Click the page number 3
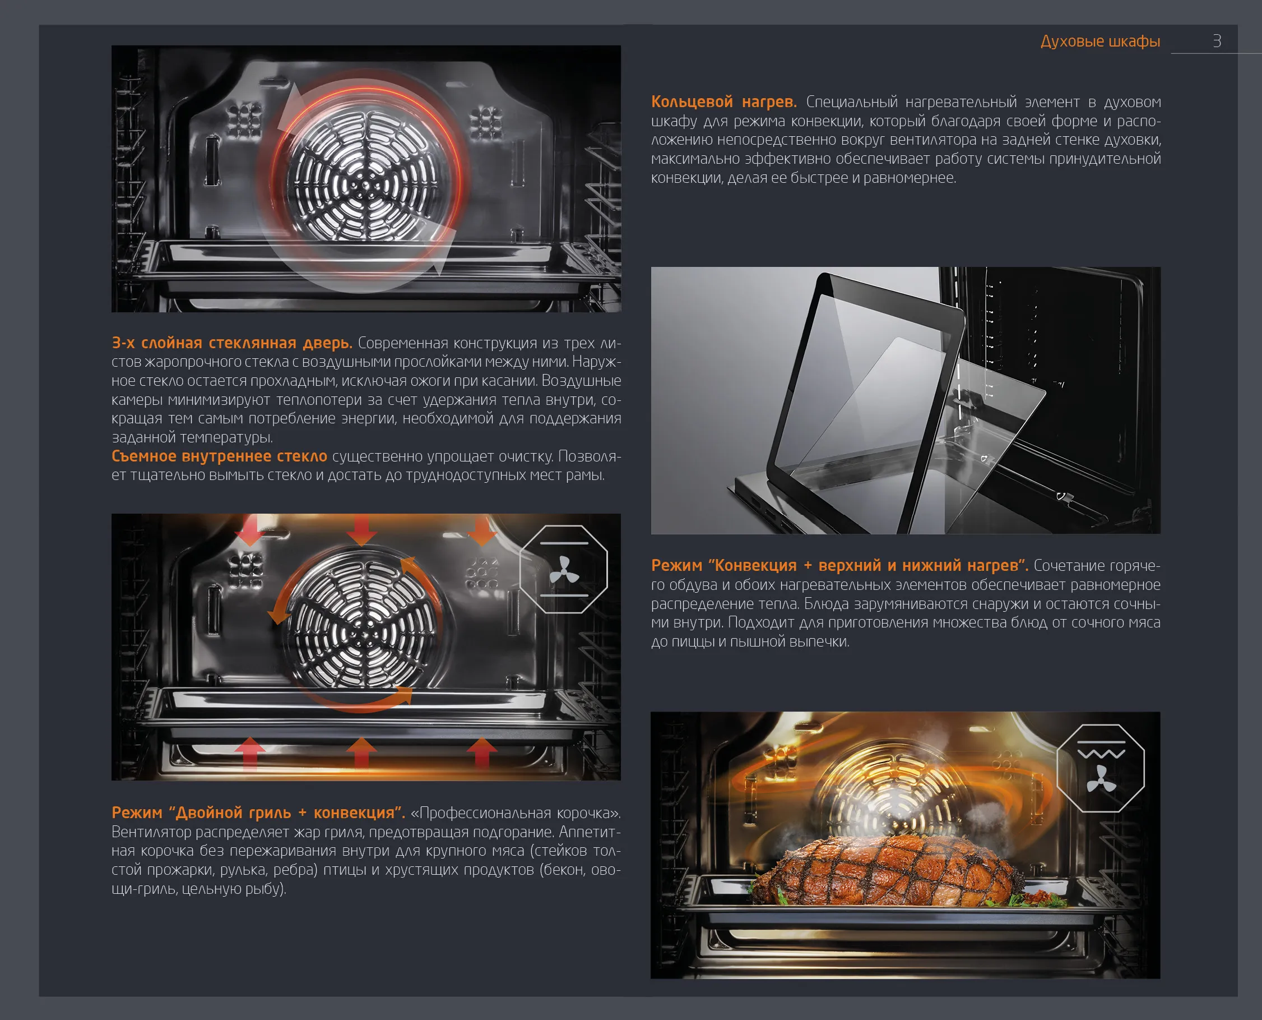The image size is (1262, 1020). coord(1217,41)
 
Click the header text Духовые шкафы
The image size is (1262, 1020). coord(1100,41)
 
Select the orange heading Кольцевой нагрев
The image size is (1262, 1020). coord(723,102)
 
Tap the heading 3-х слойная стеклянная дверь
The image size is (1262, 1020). coord(232,343)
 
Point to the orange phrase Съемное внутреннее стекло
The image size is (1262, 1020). coord(219,456)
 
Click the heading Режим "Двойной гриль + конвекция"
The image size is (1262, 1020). coord(258,813)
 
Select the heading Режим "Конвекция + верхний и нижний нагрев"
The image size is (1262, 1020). coord(839,565)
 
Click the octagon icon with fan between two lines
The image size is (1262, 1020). coord(564,569)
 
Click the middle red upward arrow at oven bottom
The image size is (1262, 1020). coord(361,753)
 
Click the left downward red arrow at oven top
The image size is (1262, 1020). coord(250,530)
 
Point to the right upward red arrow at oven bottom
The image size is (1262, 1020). coord(481,753)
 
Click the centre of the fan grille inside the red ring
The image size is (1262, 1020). coord(365,187)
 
